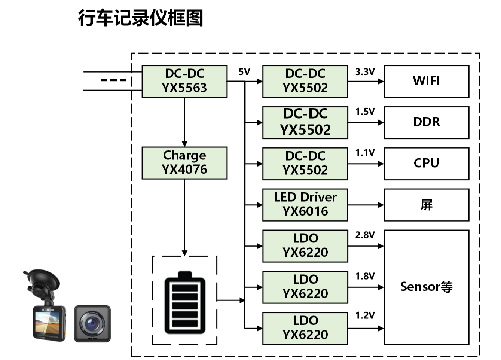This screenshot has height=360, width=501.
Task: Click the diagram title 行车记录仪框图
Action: [x=140, y=18]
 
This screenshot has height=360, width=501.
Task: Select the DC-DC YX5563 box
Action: [x=184, y=82]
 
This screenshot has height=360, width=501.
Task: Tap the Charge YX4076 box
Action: [x=184, y=163]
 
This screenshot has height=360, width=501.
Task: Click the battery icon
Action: [x=185, y=303]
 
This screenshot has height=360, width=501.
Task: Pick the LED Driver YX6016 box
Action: [x=305, y=205]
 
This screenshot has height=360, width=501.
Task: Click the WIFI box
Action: [x=426, y=81]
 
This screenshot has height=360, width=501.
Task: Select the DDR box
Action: [x=426, y=122]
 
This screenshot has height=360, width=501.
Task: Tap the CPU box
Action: [x=426, y=164]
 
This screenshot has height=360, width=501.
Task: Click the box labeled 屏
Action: [x=426, y=205]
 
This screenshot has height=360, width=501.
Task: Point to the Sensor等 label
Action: [x=426, y=287]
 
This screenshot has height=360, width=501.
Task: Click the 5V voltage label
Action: [x=244, y=72]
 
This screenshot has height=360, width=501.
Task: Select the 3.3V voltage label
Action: [x=365, y=72]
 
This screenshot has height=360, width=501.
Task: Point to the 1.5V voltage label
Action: [x=365, y=112]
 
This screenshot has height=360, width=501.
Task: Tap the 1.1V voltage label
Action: [x=365, y=153]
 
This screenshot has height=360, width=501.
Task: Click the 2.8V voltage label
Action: [x=365, y=235]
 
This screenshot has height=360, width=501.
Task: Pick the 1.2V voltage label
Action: [x=365, y=315]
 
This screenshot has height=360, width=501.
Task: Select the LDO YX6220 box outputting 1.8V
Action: [x=305, y=287]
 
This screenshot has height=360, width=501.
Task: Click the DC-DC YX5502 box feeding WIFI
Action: [x=305, y=81]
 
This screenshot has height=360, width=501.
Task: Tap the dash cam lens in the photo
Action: [x=92, y=323]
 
